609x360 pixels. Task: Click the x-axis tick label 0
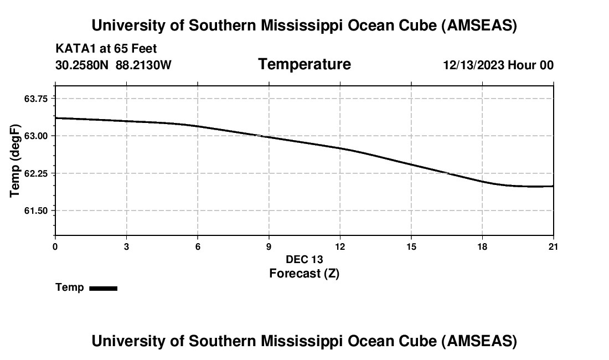coord(55,246)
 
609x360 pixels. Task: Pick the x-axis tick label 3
coord(126,246)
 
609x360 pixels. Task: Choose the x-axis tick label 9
coord(269,246)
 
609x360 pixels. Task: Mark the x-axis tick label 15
coord(411,246)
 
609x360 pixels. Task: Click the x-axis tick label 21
coord(553,246)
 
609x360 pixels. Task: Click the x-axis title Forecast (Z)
coord(304,273)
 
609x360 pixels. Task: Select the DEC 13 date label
coord(304,259)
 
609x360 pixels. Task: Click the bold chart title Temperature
coord(304,64)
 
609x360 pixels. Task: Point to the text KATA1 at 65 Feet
coord(106,49)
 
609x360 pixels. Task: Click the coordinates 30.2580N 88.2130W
coord(113,65)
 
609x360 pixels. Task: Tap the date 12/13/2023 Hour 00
coord(498,65)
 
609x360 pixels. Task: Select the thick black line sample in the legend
coord(103,288)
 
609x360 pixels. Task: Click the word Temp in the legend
coord(70,287)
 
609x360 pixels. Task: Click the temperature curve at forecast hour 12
coord(340,148)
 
